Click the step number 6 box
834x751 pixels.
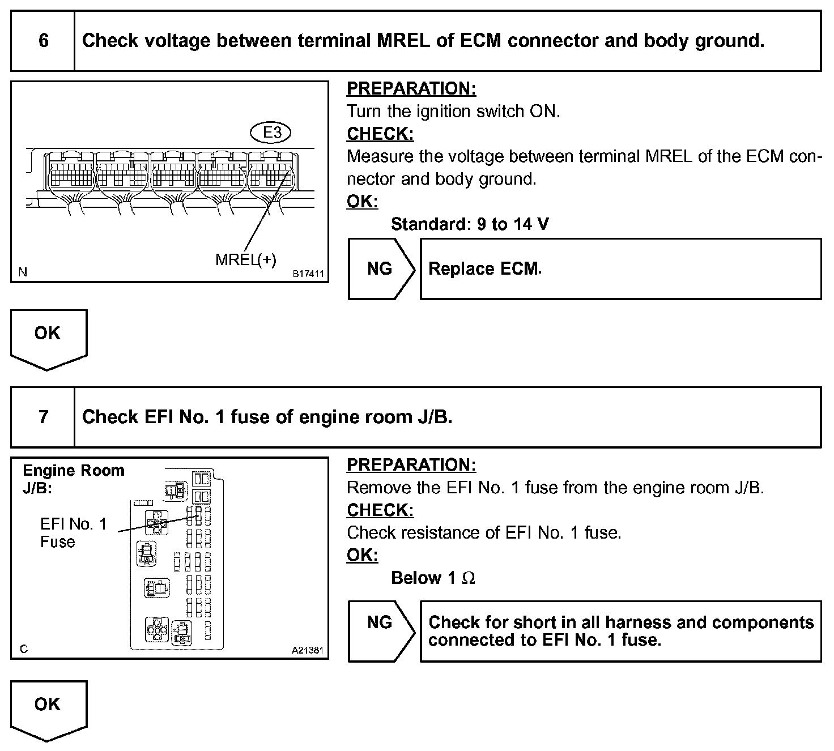pyautogui.click(x=43, y=41)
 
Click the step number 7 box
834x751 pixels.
pyautogui.click(x=43, y=417)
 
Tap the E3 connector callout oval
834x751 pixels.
pyautogui.click(x=273, y=133)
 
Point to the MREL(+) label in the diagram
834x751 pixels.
pyautogui.click(x=246, y=259)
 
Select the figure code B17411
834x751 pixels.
pyautogui.click(x=308, y=274)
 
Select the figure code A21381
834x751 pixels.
pyautogui.click(x=308, y=651)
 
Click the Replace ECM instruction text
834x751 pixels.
pyautogui.click(x=484, y=268)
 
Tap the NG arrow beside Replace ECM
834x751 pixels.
pyautogui.click(x=380, y=268)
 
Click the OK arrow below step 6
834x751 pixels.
pyautogui.click(x=48, y=336)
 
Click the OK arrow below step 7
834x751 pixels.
pyautogui.click(x=48, y=707)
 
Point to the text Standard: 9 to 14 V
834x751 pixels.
pyautogui.click(x=470, y=224)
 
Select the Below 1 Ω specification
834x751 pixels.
pyautogui.click(x=433, y=578)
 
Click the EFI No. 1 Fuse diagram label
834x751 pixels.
pyautogui.click(x=73, y=532)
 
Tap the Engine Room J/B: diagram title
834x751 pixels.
pyautogui.click(x=73, y=479)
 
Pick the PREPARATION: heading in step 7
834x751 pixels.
pyautogui.click(x=411, y=464)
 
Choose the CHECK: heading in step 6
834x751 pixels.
pyautogui.click(x=380, y=134)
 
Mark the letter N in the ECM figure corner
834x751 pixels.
pyautogui.click(x=23, y=272)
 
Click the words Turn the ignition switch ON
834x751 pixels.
pyautogui.click(x=453, y=111)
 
